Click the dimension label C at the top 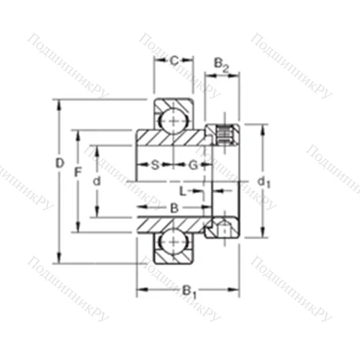174,60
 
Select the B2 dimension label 222,66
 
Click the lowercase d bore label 96,181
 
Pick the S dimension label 155,165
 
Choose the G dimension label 193,165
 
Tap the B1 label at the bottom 188,292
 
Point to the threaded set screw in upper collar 224,132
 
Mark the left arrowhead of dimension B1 141,289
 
